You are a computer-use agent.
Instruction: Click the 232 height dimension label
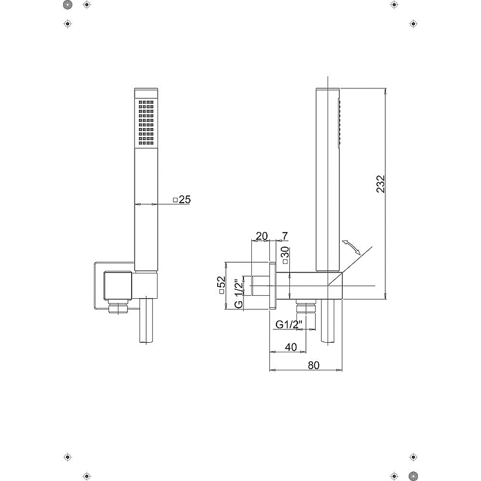point(381,184)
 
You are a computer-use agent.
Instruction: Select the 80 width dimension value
point(313,366)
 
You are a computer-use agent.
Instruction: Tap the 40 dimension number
point(291,347)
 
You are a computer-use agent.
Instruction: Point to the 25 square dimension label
point(185,200)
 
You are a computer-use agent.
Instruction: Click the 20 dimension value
point(262,236)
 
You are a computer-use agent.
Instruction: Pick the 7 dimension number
point(285,236)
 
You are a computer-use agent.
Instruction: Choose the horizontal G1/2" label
point(289,325)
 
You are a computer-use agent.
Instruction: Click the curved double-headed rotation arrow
point(351,247)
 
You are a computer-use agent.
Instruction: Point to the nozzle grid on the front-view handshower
point(146,123)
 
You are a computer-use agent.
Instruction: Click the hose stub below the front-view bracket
point(146,320)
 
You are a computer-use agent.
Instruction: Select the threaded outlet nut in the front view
point(118,307)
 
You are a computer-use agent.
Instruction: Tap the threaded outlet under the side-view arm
point(306,306)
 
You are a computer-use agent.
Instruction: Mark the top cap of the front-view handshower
point(146,93)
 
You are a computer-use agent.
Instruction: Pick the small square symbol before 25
point(176,200)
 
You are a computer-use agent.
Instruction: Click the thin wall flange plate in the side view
point(272,286)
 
